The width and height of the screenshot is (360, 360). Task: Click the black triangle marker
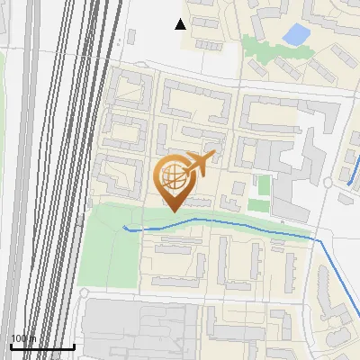(x=181, y=24)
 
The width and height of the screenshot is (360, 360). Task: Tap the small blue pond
(x=294, y=35)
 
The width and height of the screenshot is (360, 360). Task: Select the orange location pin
(x=176, y=179)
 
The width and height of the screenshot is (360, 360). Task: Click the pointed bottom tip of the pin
(x=173, y=211)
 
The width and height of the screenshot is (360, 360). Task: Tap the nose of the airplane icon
(x=211, y=157)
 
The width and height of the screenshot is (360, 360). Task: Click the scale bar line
(x=41, y=346)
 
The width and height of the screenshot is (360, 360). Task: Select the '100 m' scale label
(x=23, y=338)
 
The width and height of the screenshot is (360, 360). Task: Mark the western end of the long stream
(x=124, y=227)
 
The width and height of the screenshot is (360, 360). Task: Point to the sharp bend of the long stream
(x=318, y=241)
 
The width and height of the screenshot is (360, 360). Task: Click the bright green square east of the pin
(x=263, y=185)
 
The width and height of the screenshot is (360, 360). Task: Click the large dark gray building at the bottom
(x=135, y=328)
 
